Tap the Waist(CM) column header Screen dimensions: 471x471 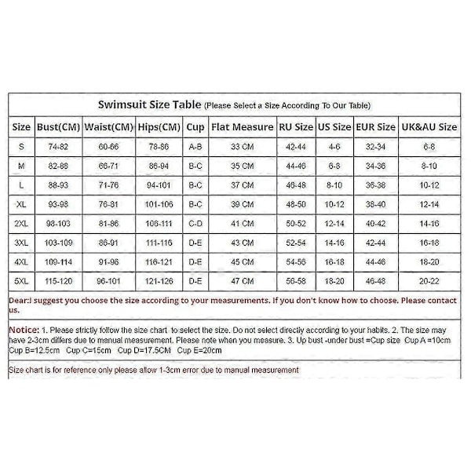108,126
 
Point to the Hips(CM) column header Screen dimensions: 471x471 158,126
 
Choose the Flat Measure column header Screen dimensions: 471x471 242,126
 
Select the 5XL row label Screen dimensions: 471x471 22,280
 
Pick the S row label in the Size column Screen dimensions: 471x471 22,146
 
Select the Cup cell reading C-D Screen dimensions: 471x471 195,223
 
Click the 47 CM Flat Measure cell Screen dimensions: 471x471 242,280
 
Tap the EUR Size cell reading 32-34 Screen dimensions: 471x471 375,146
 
